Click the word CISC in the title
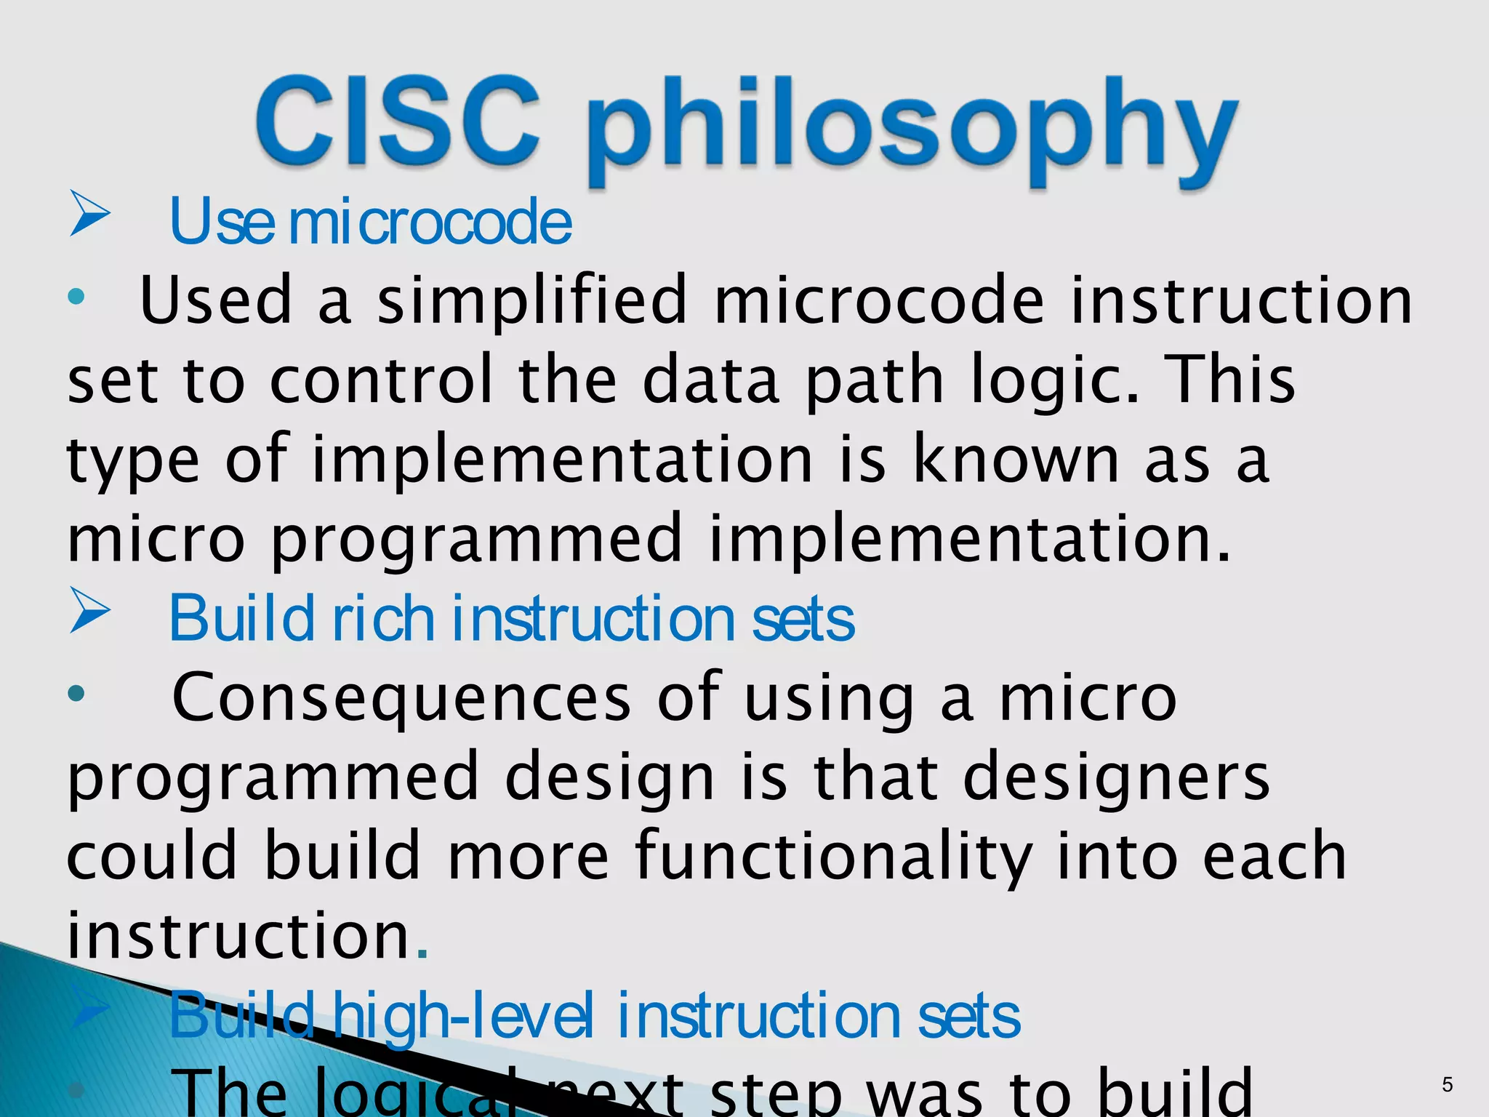pos(398,122)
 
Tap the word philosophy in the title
pos(912,131)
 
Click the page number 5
pos(1447,1085)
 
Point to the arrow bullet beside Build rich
pos(89,611)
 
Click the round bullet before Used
pos(76,297)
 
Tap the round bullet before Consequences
pos(76,694)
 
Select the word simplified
pos(531,300)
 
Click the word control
pos(381,380)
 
